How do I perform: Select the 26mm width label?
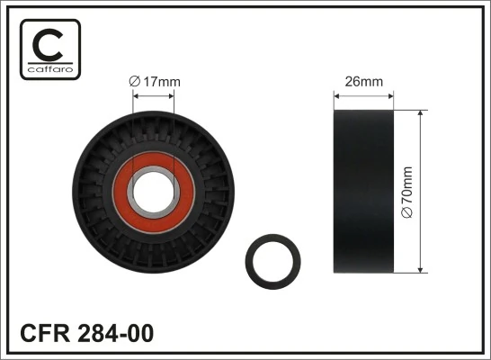click(x=364, y=82)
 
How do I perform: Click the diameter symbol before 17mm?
click(x=135, y=82)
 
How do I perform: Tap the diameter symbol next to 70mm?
click(x=407, y=212)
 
